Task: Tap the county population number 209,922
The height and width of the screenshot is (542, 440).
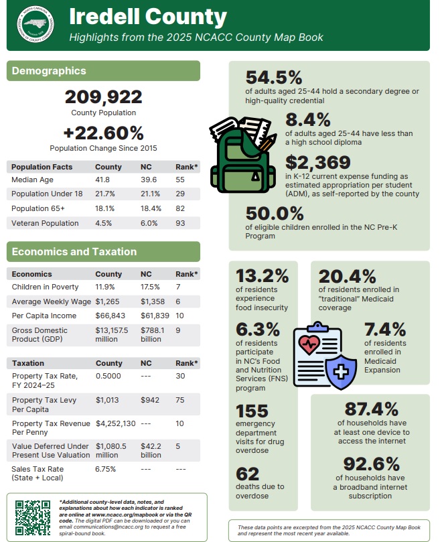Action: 103,98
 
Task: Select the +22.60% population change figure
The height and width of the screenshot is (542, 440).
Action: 103,133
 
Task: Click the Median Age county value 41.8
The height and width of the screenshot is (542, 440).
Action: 102,180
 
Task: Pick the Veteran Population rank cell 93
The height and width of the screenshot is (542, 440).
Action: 180,223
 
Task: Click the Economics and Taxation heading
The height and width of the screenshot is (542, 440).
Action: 74,252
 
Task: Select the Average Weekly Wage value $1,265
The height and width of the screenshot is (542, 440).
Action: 107,301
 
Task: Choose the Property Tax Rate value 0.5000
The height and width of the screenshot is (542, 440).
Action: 107,376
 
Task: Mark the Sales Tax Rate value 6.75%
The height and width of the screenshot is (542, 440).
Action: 105,469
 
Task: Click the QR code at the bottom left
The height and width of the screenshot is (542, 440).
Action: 33,517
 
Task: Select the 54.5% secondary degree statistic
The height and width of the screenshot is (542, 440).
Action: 274,78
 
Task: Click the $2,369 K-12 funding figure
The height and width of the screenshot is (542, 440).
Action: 317,163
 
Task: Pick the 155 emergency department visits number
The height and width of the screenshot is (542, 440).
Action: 252,410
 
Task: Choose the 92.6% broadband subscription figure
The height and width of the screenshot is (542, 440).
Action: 371,464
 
